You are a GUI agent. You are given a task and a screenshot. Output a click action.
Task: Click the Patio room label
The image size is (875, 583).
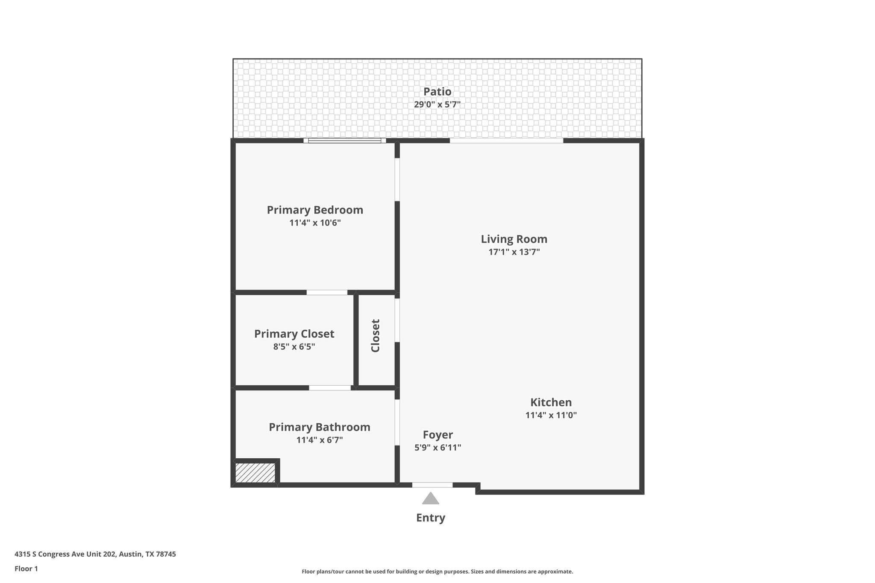(437, 91)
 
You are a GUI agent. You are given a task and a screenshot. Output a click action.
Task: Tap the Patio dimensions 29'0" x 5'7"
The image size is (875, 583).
(437, 104)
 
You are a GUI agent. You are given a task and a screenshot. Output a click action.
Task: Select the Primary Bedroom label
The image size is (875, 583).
(315, 210)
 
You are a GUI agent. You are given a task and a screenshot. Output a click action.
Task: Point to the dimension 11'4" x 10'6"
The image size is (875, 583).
(315, 223)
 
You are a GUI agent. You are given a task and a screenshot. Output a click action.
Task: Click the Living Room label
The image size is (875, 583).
(514, 239)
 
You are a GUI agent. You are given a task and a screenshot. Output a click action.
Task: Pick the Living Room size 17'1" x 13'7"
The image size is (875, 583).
(514, 252)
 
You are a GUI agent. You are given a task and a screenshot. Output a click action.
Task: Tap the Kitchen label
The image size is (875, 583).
(551, 402)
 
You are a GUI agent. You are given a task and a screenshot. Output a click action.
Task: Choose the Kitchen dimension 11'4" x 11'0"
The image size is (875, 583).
(551, 415)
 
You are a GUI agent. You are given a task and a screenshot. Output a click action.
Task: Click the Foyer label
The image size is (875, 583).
(437, 434)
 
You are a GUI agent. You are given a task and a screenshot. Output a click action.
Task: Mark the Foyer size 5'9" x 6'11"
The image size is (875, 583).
(437, 447)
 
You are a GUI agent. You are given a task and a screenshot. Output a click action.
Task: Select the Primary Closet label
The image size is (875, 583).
(294, 334)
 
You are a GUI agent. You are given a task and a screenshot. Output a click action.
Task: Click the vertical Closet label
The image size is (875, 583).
(375, 336)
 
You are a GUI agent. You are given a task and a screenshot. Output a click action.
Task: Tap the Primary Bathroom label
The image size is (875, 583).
(319, 427)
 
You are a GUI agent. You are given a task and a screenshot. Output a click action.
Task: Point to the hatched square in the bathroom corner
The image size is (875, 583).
(255, 473)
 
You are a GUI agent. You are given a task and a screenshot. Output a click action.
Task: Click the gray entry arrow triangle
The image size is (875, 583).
(430, 499)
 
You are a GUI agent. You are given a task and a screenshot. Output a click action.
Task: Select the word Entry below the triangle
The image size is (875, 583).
(430, 518)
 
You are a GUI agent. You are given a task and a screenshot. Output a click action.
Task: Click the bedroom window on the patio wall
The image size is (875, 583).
(344, 141)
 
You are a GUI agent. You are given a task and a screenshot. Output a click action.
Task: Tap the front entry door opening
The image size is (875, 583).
(432, 485)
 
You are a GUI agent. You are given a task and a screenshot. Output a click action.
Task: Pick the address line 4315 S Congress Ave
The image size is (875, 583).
(95, 554)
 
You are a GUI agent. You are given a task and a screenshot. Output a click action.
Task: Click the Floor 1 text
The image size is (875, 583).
(26, 568)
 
